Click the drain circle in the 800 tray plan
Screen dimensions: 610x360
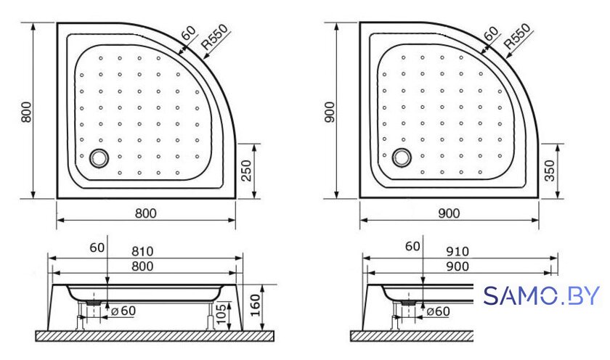pyautogui.click(x=99, y=158)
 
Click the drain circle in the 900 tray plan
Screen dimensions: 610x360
pyautogui.click(x=402, y=157)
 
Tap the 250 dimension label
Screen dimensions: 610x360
pyautogui.click(x=246, y=171)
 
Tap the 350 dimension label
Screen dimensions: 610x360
pyautogui.click(x=549, y=171)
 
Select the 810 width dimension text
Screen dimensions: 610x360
pyautogui.click(x=142, y=252)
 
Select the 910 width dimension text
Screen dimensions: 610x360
pyautogui.click(x=457, y=252)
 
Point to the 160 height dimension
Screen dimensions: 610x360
pyautogui.click(x=255, y=305)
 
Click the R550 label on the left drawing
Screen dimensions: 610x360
pyautogui.click(x=214, y=36)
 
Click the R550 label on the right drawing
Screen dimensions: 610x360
pyautogui.click(x=516, y=36)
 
